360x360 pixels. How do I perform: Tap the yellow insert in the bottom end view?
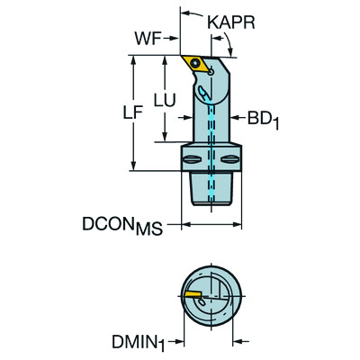(x=193, y=293)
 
